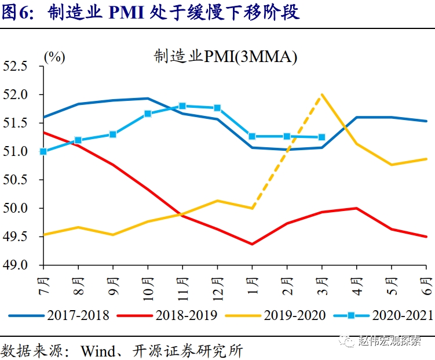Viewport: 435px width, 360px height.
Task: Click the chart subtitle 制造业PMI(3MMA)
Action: [225, 57]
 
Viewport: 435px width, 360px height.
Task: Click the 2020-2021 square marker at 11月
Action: [182, 106]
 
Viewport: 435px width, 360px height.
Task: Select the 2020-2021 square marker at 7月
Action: [43, 151]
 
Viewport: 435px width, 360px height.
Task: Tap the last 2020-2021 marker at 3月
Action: [322, 137]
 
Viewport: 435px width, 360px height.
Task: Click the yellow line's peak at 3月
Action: [322, 94]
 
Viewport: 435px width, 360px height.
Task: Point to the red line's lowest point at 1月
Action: [252, 244]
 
